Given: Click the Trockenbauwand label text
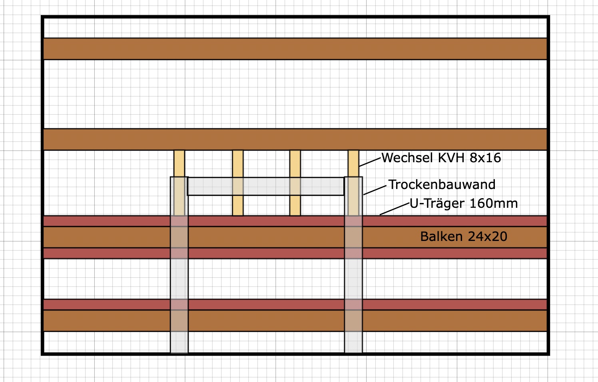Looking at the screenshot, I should (x=442, y=185).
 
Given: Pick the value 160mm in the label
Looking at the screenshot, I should (x=493, y=203).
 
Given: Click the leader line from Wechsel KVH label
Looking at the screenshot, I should (x=370, y=162).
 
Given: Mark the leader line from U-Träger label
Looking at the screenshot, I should (x=395, y=209).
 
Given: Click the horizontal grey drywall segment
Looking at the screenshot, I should (x=265, y=186).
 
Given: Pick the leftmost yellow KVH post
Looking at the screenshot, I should (x=179, y=163).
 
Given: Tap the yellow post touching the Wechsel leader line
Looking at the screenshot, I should (x=353, y=163).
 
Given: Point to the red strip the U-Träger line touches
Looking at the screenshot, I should (x=440, y=221).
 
